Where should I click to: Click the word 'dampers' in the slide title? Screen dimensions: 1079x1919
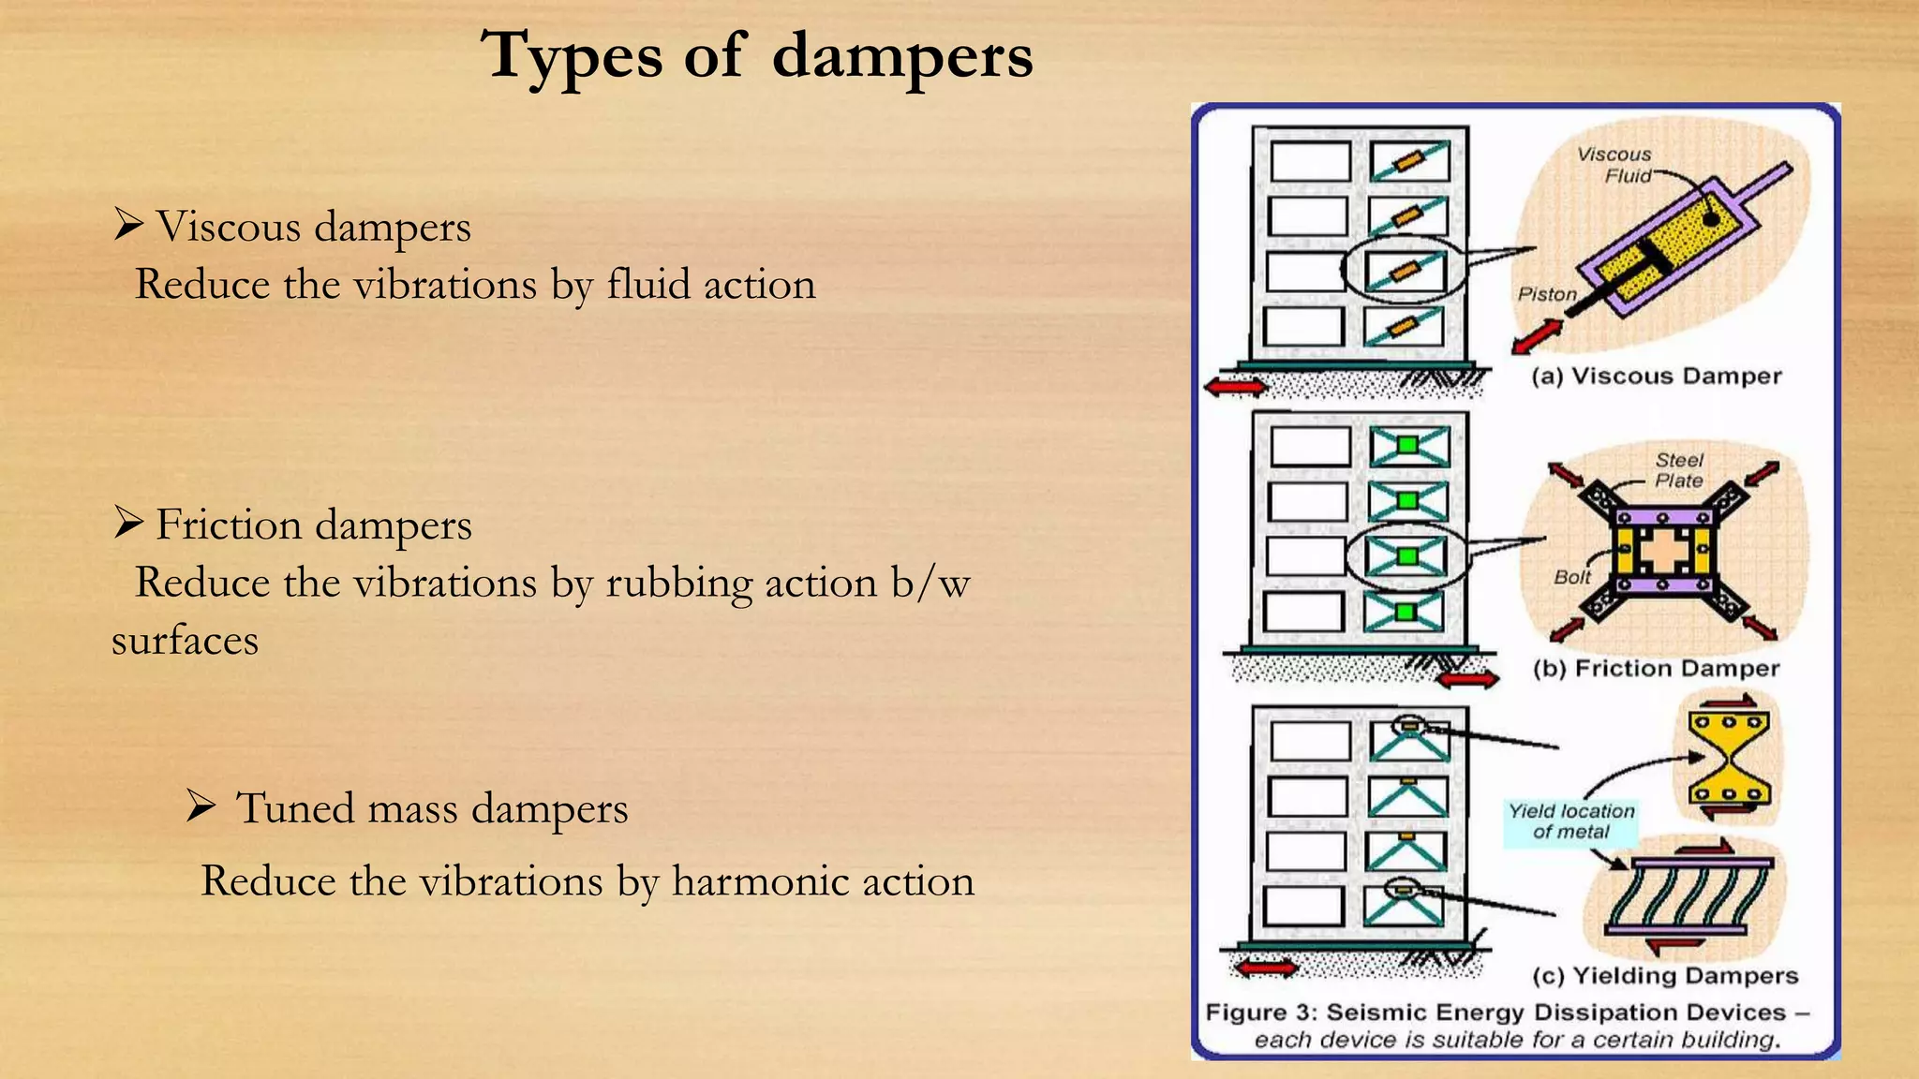point(901,56)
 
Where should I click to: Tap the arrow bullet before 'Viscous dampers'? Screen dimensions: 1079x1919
point(128,224)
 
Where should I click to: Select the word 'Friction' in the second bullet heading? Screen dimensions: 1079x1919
point(229,525)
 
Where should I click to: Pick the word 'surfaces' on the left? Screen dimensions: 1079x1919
point(185,641)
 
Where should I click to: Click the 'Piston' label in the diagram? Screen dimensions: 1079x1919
point(1547,294)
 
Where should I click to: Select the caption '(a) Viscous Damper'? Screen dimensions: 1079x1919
point(1656,377)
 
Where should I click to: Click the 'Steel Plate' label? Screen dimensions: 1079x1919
point(1678,470)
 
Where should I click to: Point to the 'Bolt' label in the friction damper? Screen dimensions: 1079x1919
point(1571,577)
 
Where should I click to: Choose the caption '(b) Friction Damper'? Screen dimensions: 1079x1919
point(1656,669)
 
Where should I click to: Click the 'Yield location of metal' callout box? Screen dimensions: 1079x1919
point(1570,821)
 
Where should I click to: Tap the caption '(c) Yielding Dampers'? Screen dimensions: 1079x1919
point(1665,976)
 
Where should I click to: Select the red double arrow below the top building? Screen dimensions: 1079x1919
point(1236,386)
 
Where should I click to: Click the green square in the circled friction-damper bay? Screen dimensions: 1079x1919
point(1406,556)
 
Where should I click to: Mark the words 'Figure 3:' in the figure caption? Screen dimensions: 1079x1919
point(1260,1012)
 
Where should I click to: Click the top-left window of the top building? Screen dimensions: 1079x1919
point(1310,161)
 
